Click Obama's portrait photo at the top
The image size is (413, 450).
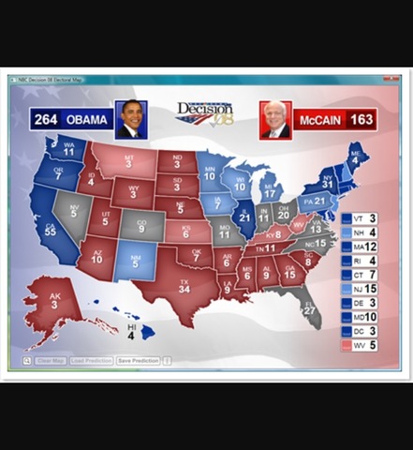[132, 119]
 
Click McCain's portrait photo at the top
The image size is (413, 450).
[275, 119]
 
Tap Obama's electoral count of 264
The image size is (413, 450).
[46, 120]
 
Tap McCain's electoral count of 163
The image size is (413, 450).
[361, 120]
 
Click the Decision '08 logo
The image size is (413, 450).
[204, 115]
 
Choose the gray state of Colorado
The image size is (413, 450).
[141, 226]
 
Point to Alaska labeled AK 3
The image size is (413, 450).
[57, 304]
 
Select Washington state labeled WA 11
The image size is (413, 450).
[68, 150]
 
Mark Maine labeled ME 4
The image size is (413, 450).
[356, 156]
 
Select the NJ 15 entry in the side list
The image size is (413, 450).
[360, 289]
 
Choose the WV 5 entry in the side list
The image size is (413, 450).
[360, 345]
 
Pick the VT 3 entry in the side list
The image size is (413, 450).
[360, 218]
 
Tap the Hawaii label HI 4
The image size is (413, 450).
[132, 331]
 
